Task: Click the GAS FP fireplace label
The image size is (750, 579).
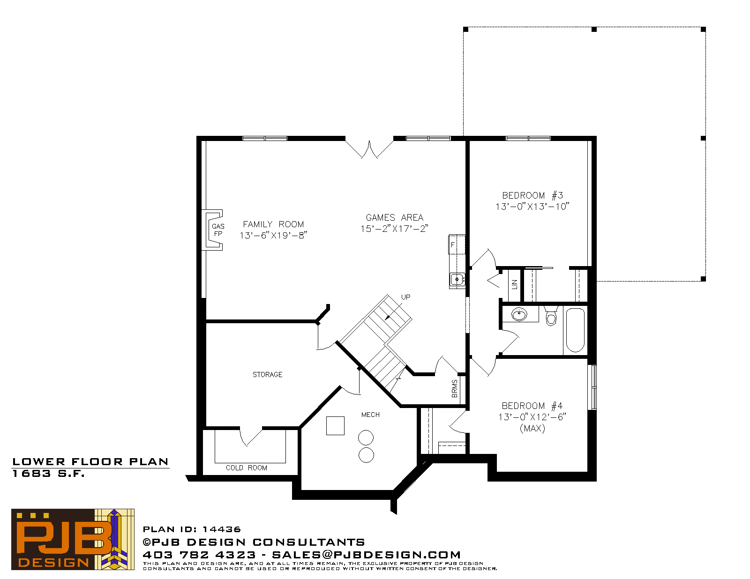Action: pyautogui.click(x=218, y=230)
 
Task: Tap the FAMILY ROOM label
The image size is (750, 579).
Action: pyautogui.click(x=273, y=224)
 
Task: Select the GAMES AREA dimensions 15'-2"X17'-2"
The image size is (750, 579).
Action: pyautogui.click(x=394, y=229)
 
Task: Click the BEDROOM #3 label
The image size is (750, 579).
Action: pyautogui.click(x=532, y=195)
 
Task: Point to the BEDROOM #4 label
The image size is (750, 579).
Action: pyautogui.click(x=532, y=406)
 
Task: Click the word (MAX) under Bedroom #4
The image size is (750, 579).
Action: pyautogui.click(x=532, y=428)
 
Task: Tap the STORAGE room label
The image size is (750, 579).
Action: pyautogui.click(x=267, y=374)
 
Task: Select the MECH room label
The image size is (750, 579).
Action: pyautogui.click(x=370, y=415)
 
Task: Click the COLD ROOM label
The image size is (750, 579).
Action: pyautogui.click(x=247, y=468)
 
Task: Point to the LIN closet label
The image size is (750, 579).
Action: pyautogui.click(x=514, y=284)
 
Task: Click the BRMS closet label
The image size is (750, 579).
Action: pyautogui.click(x=455, y=388)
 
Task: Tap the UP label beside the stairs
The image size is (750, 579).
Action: pyautogui.click(x=405, y=297)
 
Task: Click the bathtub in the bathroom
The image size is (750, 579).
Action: pyautogui.click(x=575, y=330)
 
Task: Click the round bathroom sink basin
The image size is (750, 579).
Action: pyautogui.click(x=519, y=314)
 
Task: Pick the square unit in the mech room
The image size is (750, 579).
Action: pyautogui.click(x=335, y=425)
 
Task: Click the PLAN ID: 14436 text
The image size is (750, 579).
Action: pyautogui.click(x=192, y=529)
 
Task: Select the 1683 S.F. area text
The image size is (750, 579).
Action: pyautogui.click(x=48, y=474)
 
